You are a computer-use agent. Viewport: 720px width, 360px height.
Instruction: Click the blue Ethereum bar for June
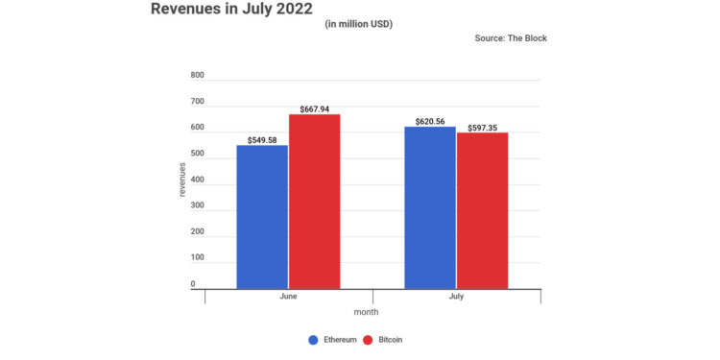pyautogui.click(x=261, y=217)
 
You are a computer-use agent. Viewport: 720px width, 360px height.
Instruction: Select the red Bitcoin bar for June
pyautogui.click(x=314, y=202)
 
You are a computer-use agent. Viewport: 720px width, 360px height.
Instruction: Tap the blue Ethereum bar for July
pyautogui.click(x=429, y=207)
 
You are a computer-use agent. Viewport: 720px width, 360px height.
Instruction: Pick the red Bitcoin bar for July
pyautogui.click(x=482, y=210)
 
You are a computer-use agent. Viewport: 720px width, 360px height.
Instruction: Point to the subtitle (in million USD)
pyautogui.click(x=359, y=23)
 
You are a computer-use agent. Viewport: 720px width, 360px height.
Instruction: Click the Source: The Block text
pyautogui.click(x=510, y=38)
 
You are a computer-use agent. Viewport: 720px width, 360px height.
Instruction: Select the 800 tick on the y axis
pyautogui.click(x=198, y=75)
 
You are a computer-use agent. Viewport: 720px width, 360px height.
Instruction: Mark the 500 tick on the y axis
pyautogui.click(x=198, y=154)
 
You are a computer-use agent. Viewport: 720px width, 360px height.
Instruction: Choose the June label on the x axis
pyautogui.click(x=288, y=297)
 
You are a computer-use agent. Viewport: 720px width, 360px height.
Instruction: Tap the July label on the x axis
pyautogui.click(x=456, y=297)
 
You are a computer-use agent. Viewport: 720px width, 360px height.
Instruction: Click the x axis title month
pyautogui.click(x=365, y=312)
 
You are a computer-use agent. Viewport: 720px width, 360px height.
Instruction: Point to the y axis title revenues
pyautogui.click(x=182, y=180)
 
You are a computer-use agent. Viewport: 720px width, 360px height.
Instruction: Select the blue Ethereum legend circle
pyautogui.click(x=313, y=340)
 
